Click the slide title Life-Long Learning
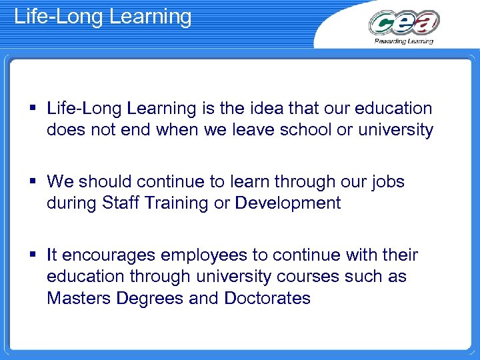[103, 16]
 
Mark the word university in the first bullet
[396, 129]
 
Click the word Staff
[121, 203]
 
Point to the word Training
[175, 203]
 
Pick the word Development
[288, 203]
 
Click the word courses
[316, 276]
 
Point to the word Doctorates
[267, 297]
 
